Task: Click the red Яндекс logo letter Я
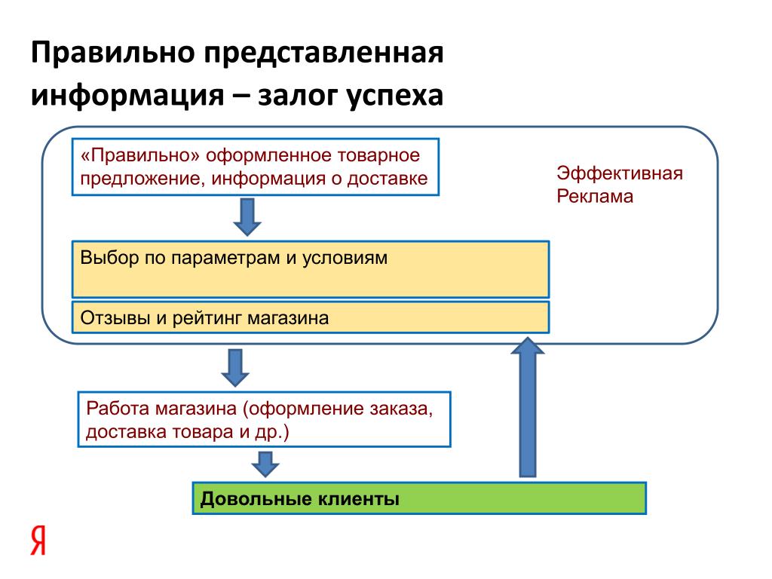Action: click(38, 540)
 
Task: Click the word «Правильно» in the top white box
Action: click(140, 155)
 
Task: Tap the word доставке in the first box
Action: click(388, 178)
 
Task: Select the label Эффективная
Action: click(620, 173)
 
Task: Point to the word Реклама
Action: click(595, 197)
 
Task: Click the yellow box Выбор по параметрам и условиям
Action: click(311, 269)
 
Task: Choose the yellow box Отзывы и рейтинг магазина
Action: click(311, 317)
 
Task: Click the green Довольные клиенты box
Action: click(419, 498)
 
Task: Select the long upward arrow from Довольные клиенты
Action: click(528, 407)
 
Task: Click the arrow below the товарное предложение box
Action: click(247, 217)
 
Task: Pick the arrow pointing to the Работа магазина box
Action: click(235, 368)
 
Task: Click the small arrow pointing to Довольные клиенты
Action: click(265, 464)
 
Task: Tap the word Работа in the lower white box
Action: click(118, 409)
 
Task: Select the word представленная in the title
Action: click(324, 54)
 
